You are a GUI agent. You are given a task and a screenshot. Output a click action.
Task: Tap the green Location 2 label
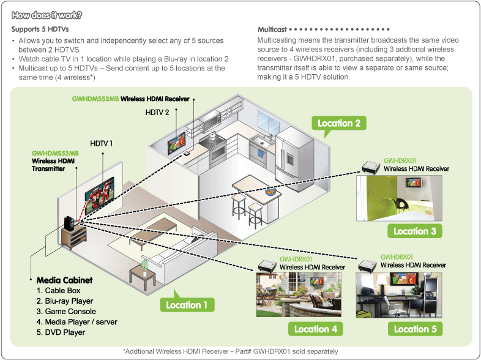coord(338,124)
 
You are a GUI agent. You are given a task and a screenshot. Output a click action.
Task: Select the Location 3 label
coord(414,231)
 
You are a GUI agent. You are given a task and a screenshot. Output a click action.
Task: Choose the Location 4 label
coord(315,329)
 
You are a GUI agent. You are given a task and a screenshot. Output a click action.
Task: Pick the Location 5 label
coord(415,329)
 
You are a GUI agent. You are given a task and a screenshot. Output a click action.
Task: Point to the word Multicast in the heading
coord(272,29)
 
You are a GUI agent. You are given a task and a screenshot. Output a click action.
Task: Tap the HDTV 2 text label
coord(158,112)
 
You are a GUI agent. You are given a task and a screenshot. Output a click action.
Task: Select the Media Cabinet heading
coord(64,280)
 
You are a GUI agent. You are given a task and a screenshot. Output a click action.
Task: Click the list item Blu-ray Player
coord(65,301)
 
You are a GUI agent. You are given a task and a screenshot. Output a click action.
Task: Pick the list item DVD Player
coord(61,332)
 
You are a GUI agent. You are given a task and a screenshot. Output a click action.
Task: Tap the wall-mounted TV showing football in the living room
coord(99,189)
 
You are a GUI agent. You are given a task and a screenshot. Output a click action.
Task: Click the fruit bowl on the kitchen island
coord(269,192)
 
